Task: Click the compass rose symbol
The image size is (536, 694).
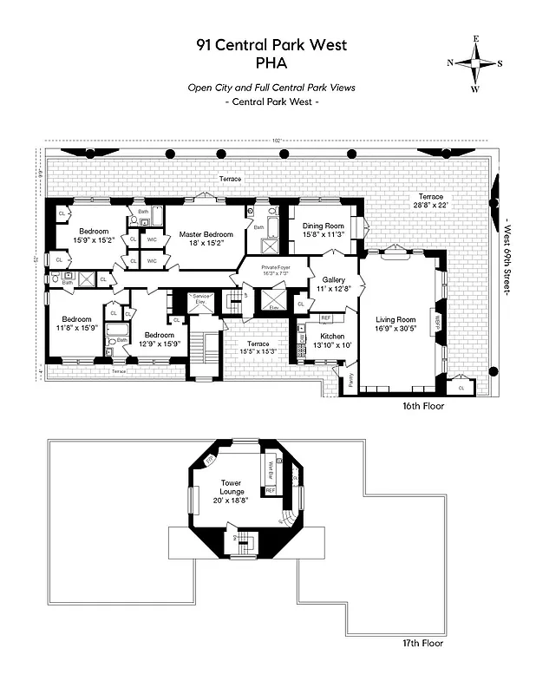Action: [475, 63]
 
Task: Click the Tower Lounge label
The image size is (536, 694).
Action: [231, 488]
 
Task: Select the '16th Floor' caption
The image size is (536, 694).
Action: [422, 405]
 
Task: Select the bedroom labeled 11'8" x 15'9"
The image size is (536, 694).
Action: [77, 322]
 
